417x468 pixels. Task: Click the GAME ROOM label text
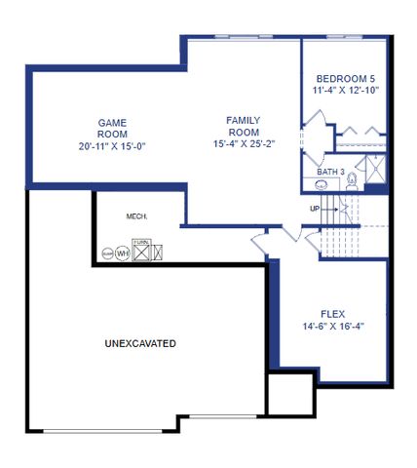coord(112,129)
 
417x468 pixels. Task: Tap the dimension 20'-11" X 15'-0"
coord(112,146)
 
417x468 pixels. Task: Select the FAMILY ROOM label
coord(243,126)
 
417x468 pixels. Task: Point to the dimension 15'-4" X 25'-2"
coord(243,144)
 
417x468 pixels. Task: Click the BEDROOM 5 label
coord(346,78)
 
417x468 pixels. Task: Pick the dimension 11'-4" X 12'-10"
coord(346,91)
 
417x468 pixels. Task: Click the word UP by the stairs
coord(315,209)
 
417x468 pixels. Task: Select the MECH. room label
coord(136,216)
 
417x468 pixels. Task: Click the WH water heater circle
coord(123,253)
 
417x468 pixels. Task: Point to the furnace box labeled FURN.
coord(142,252)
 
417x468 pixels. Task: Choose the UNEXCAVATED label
coord(140,344)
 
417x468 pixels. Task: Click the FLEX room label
coord(333,314)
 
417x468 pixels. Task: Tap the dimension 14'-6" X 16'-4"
coord(333,327)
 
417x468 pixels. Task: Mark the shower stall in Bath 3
coord(375,175)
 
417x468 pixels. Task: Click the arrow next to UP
coord(327,209)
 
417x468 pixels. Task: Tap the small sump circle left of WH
coord(107,253)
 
